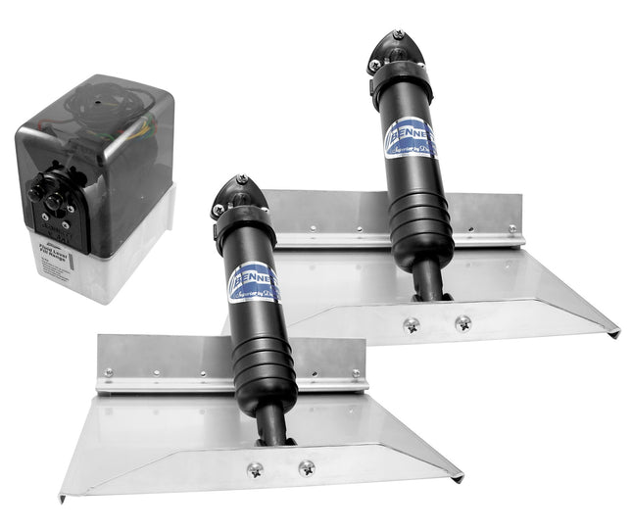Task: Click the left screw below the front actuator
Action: pos(256,469)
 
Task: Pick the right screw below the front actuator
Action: pos(307,467)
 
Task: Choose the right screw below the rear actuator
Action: pos(462,322)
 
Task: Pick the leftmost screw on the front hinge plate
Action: pos(110,372)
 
